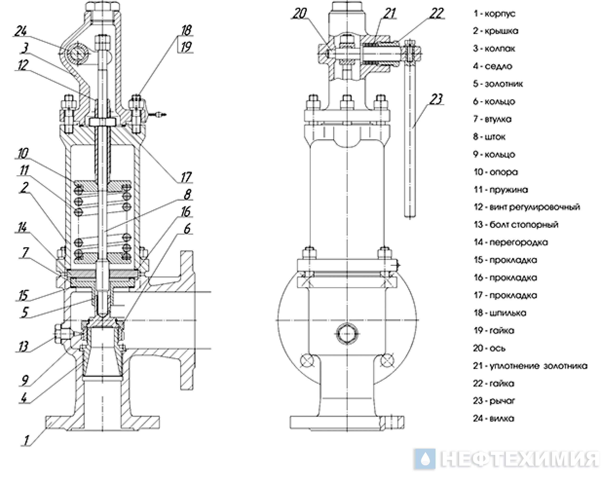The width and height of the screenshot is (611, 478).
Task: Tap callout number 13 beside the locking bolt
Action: (x=24, y=346)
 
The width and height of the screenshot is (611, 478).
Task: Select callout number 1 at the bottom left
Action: (x=26, y=440)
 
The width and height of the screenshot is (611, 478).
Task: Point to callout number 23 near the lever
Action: (x=436, y=99)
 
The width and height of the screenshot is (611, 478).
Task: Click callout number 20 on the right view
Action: (x=299, y=13)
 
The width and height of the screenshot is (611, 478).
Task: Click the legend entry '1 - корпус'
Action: (x=494, y=13)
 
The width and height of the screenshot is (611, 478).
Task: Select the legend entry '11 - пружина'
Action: (x=500, y=190)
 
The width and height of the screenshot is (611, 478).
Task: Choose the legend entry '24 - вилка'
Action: (x=494, y=418)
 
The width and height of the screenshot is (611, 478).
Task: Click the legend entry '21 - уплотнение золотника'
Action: (x=530, y=366)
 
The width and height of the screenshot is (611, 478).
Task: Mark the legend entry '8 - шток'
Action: (x=489, y=137)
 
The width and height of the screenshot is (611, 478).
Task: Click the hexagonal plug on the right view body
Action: (x=347, y=334)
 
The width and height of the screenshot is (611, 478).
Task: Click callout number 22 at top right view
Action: (x=437, y=13)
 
